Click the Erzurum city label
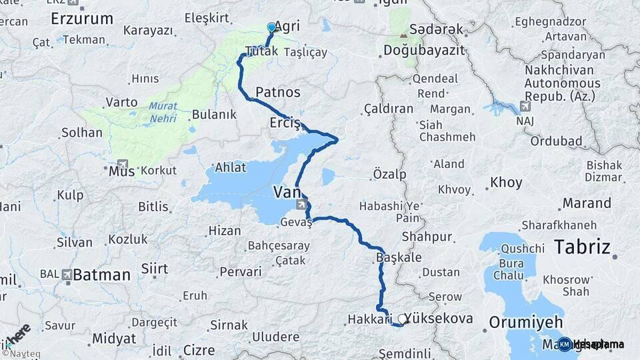82,18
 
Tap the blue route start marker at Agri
271,27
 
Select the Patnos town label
278,92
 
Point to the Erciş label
286,123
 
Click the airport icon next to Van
303,204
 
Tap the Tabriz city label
582,247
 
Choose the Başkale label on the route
399,257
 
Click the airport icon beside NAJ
525,107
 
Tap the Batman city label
102,274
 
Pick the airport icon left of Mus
122,164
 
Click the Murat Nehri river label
163,112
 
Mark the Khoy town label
507,182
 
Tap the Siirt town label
155,269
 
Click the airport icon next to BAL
66,274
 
